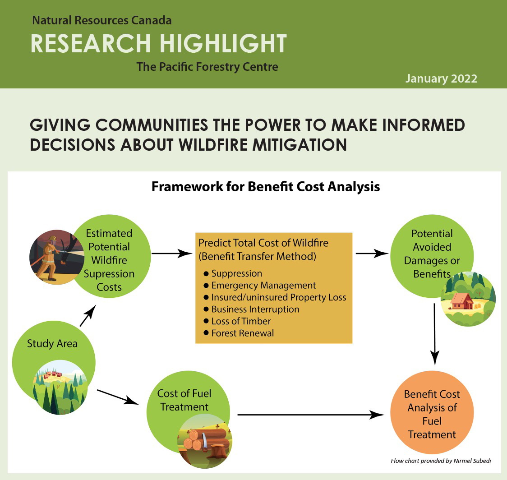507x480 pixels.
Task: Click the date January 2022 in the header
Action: click(x=441, y=78)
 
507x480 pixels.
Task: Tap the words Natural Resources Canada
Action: click(x=102, y=20)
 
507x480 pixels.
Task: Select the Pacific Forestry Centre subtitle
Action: click(x=207, y=67)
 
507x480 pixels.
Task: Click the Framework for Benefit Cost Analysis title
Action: click(x=266, y=187)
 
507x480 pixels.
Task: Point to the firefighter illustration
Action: click(x=55, y=257)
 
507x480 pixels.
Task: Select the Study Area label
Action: click(x=52, y=343)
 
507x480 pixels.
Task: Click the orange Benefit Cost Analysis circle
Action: click(x=432, y=412)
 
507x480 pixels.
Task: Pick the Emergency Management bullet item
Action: click(x=263, y=285)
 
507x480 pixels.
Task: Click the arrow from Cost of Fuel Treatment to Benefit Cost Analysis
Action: click(x=311, y=415)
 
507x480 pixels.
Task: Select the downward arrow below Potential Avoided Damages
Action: click(x=434, y=334)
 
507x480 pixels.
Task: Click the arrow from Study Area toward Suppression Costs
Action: click(x=88, y=315)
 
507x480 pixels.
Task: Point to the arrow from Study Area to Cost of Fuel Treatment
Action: click(x=118, y=397)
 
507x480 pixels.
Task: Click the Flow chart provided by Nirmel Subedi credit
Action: click(x=441, y=461)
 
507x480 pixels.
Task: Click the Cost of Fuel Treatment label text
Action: click(x=184, y=400)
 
